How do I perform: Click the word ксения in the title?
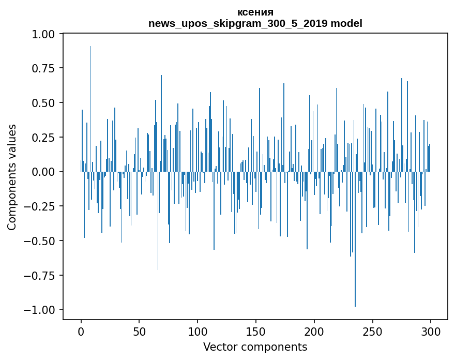point(255,12)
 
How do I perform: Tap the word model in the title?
point(346,23)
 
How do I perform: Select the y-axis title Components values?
point(12,177)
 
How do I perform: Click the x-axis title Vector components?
point(255,347)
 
